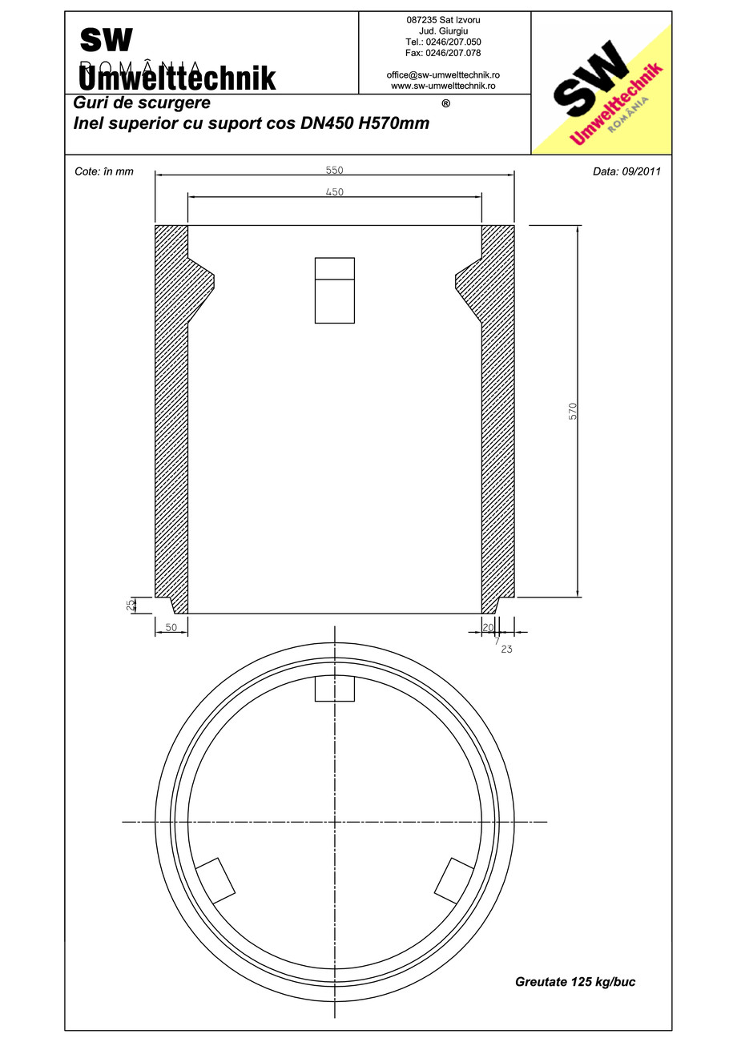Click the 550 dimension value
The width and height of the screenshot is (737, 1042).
pos(334,170)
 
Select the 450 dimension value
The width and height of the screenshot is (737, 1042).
pos(334,192)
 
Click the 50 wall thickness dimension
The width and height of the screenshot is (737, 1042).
pos(171,629)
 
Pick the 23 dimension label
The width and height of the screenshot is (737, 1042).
pos(506,649)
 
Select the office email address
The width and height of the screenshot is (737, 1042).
pos(443,74)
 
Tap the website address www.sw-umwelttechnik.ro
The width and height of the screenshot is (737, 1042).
pos(443,85)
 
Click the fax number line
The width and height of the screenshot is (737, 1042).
pos(443,53)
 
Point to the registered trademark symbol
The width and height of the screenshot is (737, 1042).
pos(445,103)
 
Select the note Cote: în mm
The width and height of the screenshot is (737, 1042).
pos(103,171)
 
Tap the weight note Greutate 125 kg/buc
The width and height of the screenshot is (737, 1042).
pos(575,982)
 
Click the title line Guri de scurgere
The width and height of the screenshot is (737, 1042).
pos(142,103)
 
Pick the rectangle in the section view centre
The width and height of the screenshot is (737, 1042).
pos(334,290)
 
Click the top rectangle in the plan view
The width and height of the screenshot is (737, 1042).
pos(334,689)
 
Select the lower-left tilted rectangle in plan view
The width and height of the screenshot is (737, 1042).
pos(215,881)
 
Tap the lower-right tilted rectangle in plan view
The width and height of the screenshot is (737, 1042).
pos(454,881)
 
